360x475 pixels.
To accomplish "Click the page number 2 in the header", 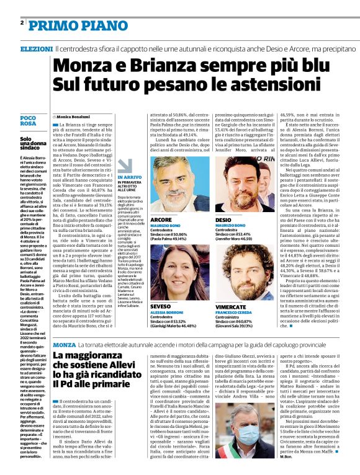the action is [22, 23].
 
